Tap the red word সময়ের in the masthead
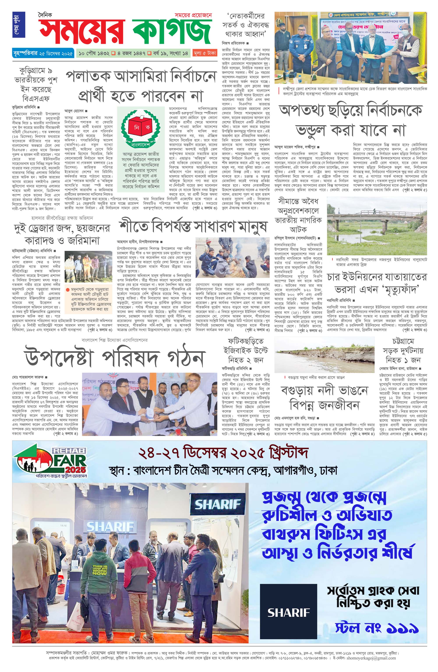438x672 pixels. pyautogui.click(x=82, y=32)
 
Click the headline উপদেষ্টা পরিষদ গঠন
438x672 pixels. pyautogui.click(x=115, y=357)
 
